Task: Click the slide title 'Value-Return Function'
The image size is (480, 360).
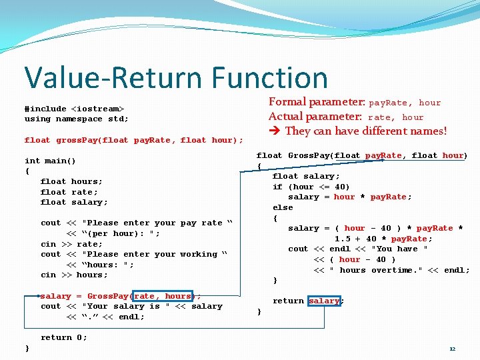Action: [x=176, y=77]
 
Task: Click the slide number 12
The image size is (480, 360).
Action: [x=452, y=349]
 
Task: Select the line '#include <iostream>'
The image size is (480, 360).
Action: [x=74, y=109]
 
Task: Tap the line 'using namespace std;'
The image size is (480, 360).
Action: [x=77, y=119]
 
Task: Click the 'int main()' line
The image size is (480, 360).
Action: [x=50, y=161]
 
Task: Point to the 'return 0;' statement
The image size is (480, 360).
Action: [x=64, y=337]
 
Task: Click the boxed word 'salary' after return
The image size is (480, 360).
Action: [x=325, y=301]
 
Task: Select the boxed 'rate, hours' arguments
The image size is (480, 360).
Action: [x=163, y=296]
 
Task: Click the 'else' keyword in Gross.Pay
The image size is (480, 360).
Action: [x=283, y=207]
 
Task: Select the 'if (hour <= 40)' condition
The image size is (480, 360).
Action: [x=311, y=187]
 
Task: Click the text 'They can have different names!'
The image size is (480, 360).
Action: [x=366, y=131]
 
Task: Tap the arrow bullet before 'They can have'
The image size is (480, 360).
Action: [x=274, y=131]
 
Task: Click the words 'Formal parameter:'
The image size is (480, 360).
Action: [x=317, y=102]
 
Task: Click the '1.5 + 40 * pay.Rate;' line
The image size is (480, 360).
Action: [x=383, y=239]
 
